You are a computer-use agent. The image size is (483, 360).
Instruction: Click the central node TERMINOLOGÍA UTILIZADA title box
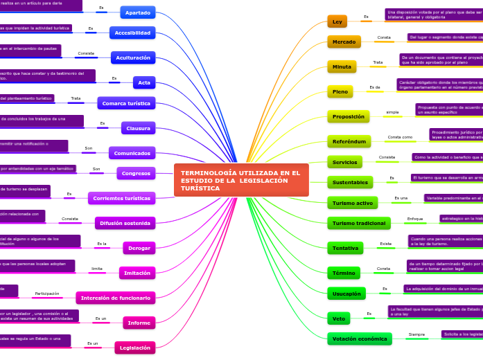point(241,181)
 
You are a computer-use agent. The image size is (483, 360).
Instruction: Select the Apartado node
point(137,12)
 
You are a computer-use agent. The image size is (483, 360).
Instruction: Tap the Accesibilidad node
point(132,33)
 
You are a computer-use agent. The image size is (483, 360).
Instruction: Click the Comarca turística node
point(126,102)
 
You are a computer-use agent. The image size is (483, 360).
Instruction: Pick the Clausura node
point(138,127)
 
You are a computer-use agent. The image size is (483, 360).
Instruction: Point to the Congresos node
point(136,173)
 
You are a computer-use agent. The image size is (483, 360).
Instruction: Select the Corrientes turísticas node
point(122,198)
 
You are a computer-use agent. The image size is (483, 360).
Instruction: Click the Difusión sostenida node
point(125,223)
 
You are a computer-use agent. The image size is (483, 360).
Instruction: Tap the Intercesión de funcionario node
point(116,298)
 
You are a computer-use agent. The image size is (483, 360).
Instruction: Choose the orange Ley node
point(337,21)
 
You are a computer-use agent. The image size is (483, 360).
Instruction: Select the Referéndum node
point(349,141)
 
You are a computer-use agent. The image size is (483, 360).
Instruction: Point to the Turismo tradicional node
point(358,223)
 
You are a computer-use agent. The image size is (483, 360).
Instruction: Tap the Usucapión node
point(346,294)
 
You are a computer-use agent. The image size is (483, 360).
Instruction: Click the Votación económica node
point(359,339)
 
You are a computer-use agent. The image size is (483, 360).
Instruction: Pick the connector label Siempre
point(416,334)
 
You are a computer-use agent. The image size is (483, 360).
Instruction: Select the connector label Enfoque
point(415,219)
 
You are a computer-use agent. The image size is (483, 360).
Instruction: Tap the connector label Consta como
point(400,137)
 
